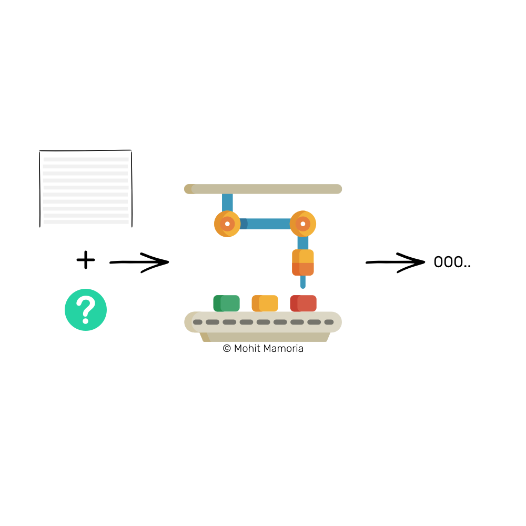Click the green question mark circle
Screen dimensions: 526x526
pyautogui.click(x=86, y=310)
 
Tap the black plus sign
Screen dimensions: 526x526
pyautogui.click(x=86, y=260)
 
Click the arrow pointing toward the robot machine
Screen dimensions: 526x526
pyautogui.click(x=139, y=262)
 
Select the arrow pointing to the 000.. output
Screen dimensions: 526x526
pyautogui.click(x=395, y=262)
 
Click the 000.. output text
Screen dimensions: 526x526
pyautogui.click(x=452, y=261)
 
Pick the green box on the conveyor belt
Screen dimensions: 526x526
pyautogui.click(x=226, y=304)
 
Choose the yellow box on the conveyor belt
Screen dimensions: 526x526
pyautogui.click(x=265, y=304)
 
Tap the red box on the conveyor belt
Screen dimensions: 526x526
pyautogui.click(x=304, y=304)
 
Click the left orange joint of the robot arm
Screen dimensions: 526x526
pyautogui.click(x=227, y=224)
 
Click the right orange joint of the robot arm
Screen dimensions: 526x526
pyautogui.click(x=303, y=224)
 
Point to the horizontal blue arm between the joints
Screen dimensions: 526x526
pyautogui.click(x=265, y=224)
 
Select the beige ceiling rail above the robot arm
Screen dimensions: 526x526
pyautogui.click(x=263, y=189)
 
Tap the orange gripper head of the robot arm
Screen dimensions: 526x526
pyautogui.click(x=303, y=262)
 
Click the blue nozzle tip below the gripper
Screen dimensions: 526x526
pyautogui.click(x=303, y=282)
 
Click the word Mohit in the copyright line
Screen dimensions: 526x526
pyautogui.click(x=247, y=348)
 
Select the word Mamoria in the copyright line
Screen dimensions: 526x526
pyautogui.click(x=284, y=348)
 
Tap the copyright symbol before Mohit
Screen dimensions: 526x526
pyautogui.click(x=227, y=348)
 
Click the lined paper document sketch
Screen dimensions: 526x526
pyautogui.click(x=86, y=188)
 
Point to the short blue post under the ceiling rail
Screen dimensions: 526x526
pyautogui.click(x=227, y=203)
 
